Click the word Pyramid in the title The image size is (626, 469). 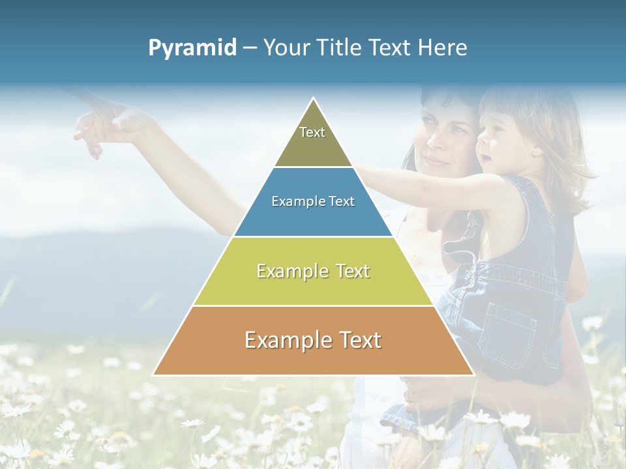point(192,48)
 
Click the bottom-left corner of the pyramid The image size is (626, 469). point(154,375)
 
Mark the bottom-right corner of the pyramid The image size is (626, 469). point(473,375)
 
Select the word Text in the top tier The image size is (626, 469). point(312,132)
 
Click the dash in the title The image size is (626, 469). point(249,48)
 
